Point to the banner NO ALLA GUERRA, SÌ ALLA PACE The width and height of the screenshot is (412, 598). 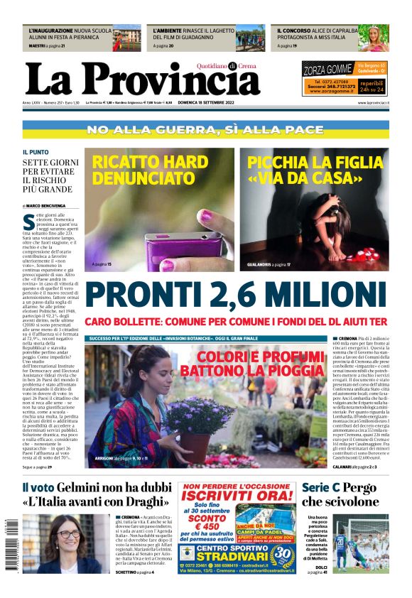[x=205, y=130]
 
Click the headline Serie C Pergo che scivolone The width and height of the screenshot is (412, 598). [x=340, y=494]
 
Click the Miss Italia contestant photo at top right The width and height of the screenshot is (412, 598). [x=372, y=38]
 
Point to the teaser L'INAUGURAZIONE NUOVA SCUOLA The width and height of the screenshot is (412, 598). [x=70, y=32]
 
